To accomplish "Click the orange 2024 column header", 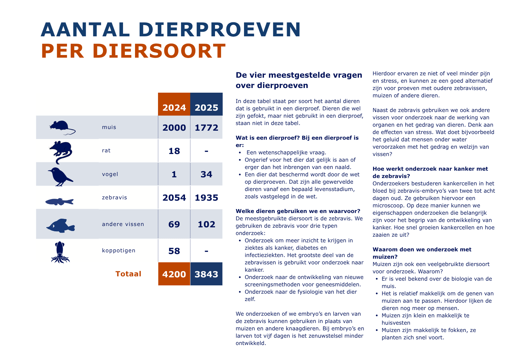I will pyautogui.click(x=174, y=107).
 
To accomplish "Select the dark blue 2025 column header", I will pyautogui.click(x=206, y=107).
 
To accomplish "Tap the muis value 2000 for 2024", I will pyautogui.click(x=174, y=128).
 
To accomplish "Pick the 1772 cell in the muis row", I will pyautogui.click(x=206, y=128).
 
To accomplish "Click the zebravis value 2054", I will pyautogui.click(x=174, y=198).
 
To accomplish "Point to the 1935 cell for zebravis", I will pyautogui.click(x=206, y=198).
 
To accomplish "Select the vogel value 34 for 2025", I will pyautogui.click(x=206, y=174).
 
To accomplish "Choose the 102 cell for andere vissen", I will pyautogui.click(x=206, y=224).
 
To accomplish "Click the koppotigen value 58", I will pyautogui.click(x=174, y=251).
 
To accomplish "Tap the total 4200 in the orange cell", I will pyautogui.click(x=174, y=274).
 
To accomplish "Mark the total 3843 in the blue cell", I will pyautogui.click(x=206, y=274).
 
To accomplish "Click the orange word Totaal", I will pyautogui.click(x=128, y=274).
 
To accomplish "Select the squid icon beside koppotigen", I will pyautogui.click(x=60, y=252).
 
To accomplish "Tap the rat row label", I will pyautogui.click(x=106, y=151).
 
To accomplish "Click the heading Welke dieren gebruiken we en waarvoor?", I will pyautogui.click(x=298, y=211).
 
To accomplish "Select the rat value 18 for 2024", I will pyautogui.click(x=174, y=151).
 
